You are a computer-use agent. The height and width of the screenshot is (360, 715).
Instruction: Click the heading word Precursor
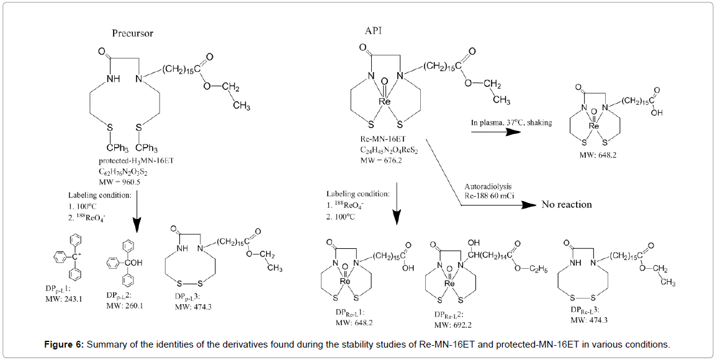pos(133,33)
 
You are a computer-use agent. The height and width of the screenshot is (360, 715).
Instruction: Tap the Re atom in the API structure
pos(385,101)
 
